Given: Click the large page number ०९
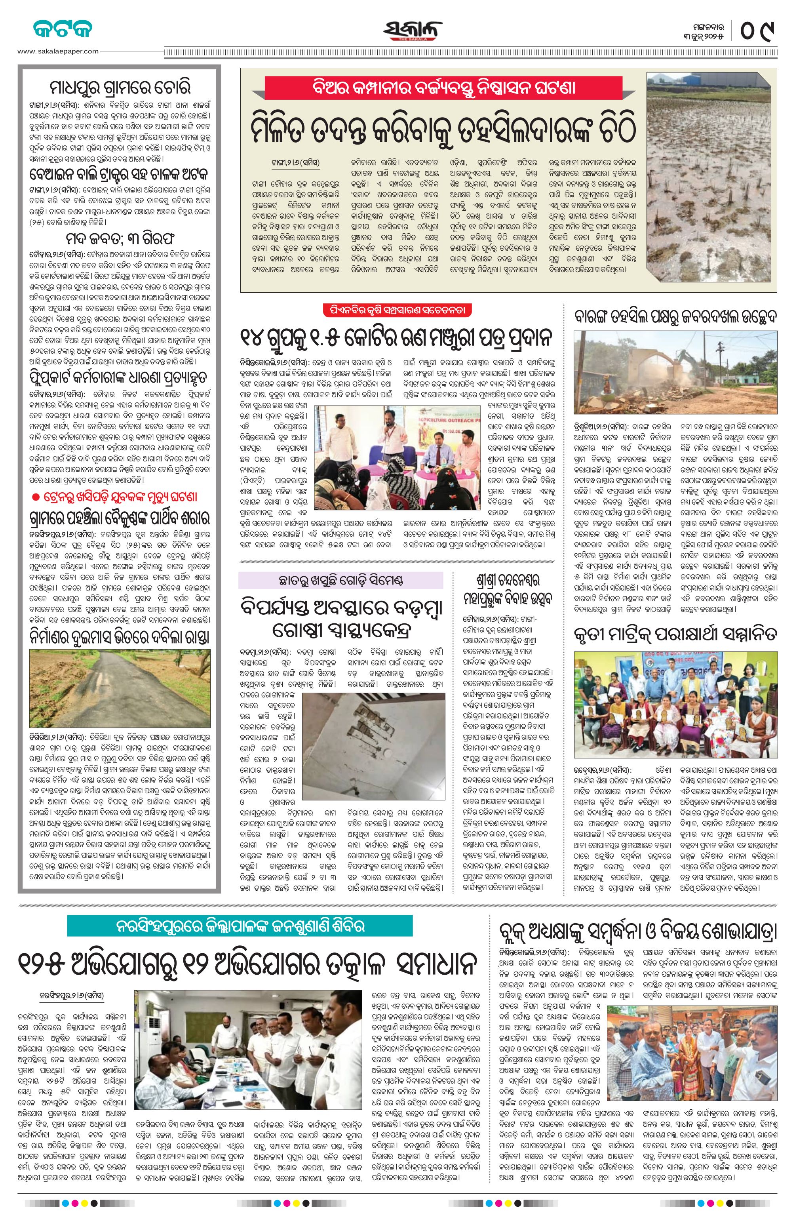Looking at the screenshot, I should (x=757, y=30).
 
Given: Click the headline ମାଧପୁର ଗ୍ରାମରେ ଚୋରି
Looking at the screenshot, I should (x=120, y=88).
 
